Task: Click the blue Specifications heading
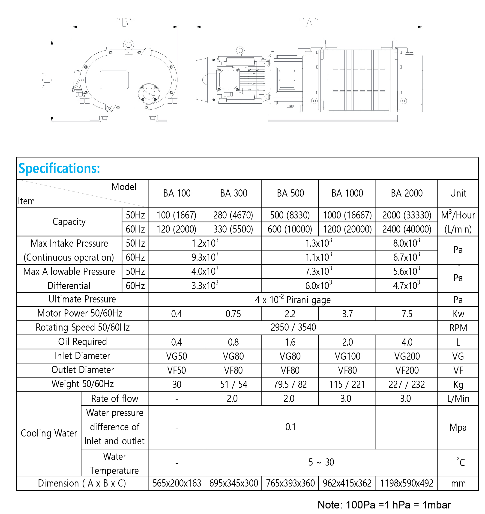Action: tap(59, 169)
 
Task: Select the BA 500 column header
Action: tap(290, 193)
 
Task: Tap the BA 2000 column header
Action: tap(407, 193)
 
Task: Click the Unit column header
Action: tap(458, 193)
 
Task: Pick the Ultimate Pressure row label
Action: tap(82, 299)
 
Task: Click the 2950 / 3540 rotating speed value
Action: tap(293, 328)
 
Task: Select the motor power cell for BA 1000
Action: tap(347, 314)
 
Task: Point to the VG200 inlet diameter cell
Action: tap(407, 356)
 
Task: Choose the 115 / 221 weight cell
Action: tap(347, 385)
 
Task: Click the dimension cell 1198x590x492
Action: tap(407, 483)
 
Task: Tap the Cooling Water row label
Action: tap(49, 433)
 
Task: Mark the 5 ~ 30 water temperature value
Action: tap(321, 462)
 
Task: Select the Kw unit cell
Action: tap(458, 314)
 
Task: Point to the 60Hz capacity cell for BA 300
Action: tap(233, 229)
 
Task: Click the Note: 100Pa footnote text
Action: tap(384, 505)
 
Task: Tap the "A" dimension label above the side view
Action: tap(309, 22)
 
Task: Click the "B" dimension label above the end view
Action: tap(125, 22)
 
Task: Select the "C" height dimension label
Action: tap(47, 81)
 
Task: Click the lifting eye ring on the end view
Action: tap(129, 44)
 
